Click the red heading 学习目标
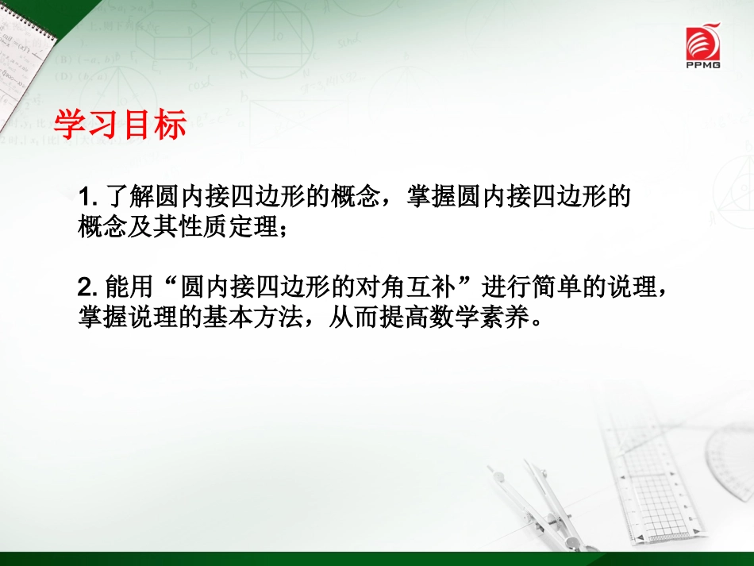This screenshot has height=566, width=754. click(x=120, y=125)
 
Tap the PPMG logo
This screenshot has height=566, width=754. click(x=704, y=48)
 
